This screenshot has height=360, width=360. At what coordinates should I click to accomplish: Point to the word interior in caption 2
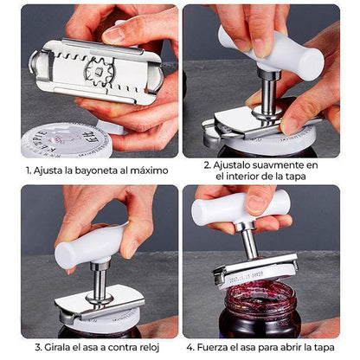pos(242,176)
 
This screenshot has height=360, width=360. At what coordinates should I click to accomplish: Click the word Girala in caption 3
pos(57,347)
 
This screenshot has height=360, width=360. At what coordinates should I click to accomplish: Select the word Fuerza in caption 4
pos(212,347)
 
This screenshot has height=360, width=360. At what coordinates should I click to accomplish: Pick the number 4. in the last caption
pos(190,347)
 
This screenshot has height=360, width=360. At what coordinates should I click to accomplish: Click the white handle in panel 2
pos(271,52)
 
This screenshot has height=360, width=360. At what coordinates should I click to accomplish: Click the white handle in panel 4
pos(240,207)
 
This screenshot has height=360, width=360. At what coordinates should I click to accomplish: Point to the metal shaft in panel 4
pos(249,241)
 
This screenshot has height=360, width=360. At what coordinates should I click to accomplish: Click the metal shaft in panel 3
pos(100,281)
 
